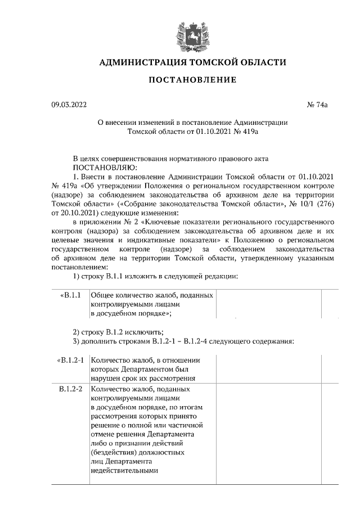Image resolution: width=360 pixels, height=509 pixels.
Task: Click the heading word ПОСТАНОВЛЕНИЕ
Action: click(192, 80)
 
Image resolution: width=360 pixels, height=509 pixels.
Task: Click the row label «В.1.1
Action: click(70, 295)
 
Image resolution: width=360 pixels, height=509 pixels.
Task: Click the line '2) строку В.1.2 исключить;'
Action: click(118, 332)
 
